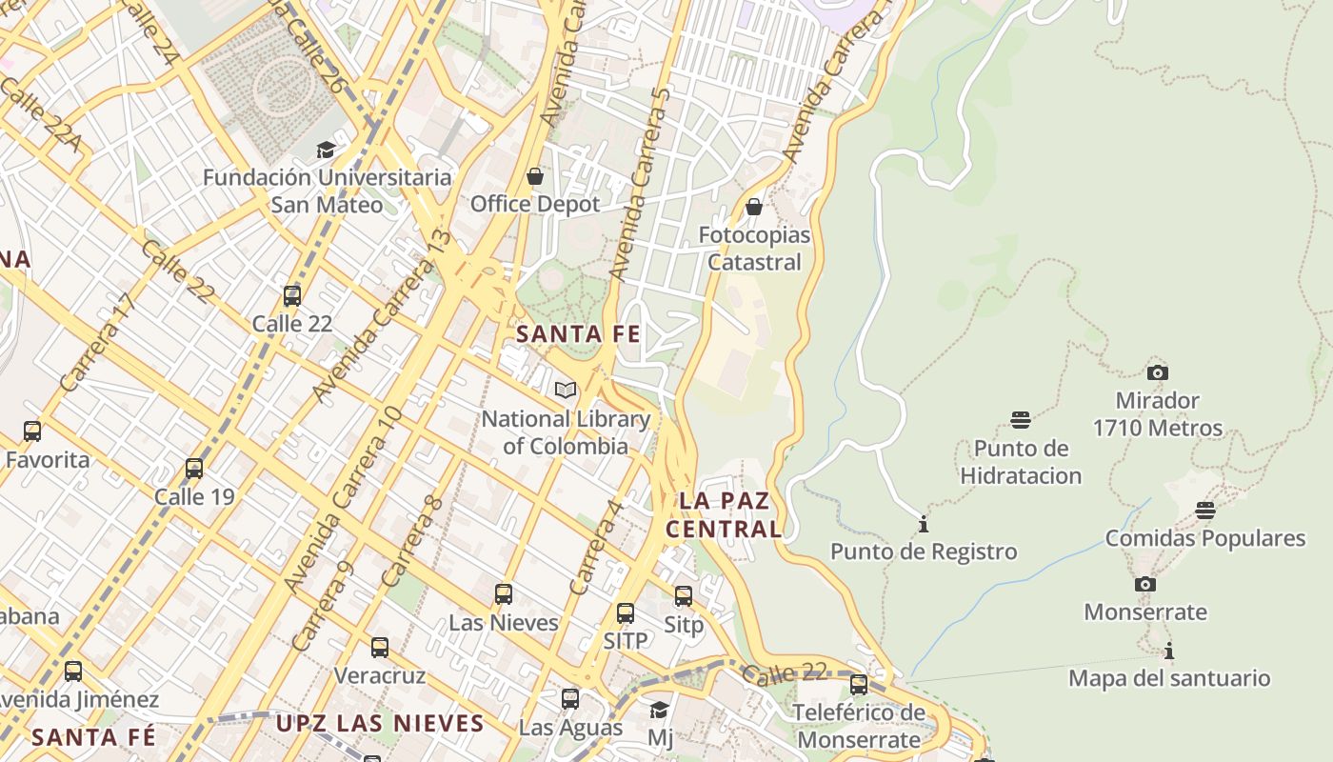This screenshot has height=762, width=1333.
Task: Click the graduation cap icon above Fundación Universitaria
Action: [326, 150]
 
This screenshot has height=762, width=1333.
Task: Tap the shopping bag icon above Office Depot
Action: [535, 176]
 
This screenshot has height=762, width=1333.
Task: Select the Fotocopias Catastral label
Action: [754, 248]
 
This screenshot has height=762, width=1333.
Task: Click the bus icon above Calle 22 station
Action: [292, 296]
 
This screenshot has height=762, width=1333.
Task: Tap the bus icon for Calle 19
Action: [194, 469]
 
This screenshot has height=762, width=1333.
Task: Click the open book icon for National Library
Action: [566, 391]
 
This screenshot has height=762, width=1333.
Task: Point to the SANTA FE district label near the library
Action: [578, 334]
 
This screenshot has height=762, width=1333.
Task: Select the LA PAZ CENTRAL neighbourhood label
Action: [724, 514]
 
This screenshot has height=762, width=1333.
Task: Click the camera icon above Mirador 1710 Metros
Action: [1158, 372]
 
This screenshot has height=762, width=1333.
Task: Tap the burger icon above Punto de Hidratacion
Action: [1021, 420]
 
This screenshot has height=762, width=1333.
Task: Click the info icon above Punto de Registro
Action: [923, 524]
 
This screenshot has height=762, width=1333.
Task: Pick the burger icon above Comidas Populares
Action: [1205, 511]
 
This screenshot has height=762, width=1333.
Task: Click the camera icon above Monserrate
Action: [1145, 584]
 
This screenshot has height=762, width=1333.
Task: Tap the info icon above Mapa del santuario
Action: [1169, 652]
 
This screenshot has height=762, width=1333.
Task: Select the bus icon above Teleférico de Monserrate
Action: [859, 685]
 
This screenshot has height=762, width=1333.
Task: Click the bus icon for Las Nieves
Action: [504, 594]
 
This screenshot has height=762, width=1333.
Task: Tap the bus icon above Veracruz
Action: [380, 648]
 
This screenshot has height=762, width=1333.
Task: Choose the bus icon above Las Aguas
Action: [570, 699]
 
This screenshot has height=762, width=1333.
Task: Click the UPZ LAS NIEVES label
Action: [380, 723]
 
